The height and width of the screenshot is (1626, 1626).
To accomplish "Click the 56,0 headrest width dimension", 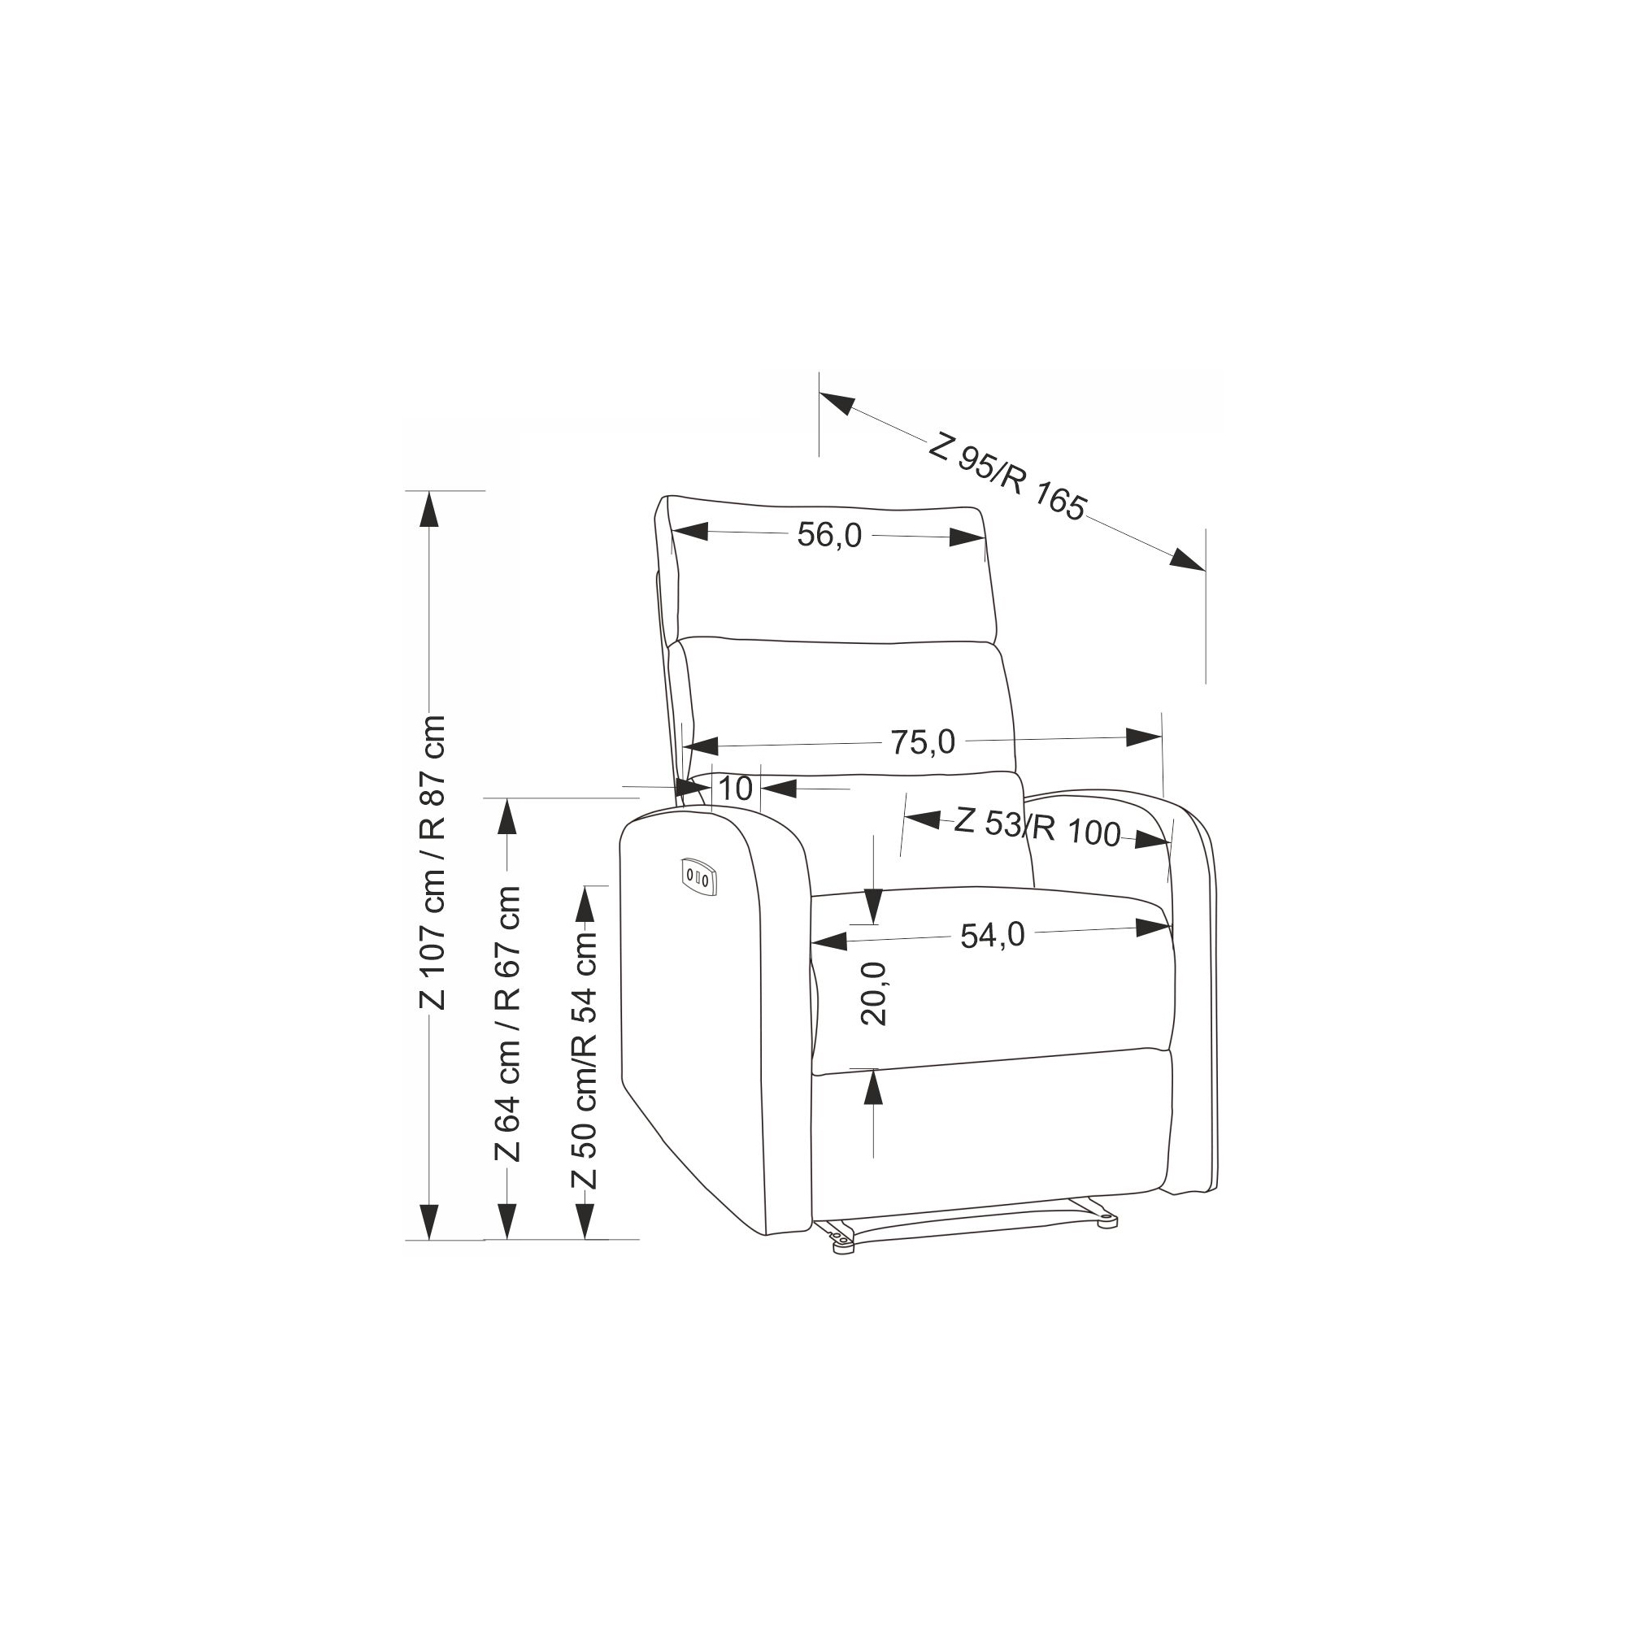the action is coord(830,535).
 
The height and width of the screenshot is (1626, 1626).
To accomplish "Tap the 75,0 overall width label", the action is coord(924,742).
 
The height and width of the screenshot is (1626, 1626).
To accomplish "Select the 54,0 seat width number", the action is coord(993,934).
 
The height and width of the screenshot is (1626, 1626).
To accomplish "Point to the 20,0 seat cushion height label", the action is coord(875,993).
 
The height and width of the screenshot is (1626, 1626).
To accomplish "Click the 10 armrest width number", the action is coord(736,789).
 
